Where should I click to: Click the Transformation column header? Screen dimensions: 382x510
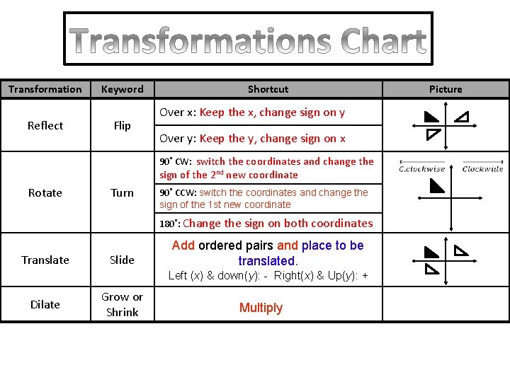45,89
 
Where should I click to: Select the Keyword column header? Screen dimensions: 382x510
122,89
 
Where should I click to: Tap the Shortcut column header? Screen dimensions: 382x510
268,89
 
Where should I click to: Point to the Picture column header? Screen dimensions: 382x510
446,89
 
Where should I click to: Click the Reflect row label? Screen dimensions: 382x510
45,125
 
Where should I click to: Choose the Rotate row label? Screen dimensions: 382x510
45,192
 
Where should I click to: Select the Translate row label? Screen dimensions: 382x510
45,260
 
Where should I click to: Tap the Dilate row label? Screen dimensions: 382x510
45,304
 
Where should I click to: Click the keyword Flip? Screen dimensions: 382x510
122,125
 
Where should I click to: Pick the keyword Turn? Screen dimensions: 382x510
122,192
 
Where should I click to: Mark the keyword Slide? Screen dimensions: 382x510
122,260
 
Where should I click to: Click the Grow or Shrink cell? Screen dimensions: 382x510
122,304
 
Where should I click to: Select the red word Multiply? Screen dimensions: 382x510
261,308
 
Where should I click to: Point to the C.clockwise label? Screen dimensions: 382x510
422,168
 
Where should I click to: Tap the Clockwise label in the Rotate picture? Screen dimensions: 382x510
482,168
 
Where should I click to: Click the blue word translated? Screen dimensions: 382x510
268,260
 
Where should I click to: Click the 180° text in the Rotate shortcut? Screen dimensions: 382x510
169,224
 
